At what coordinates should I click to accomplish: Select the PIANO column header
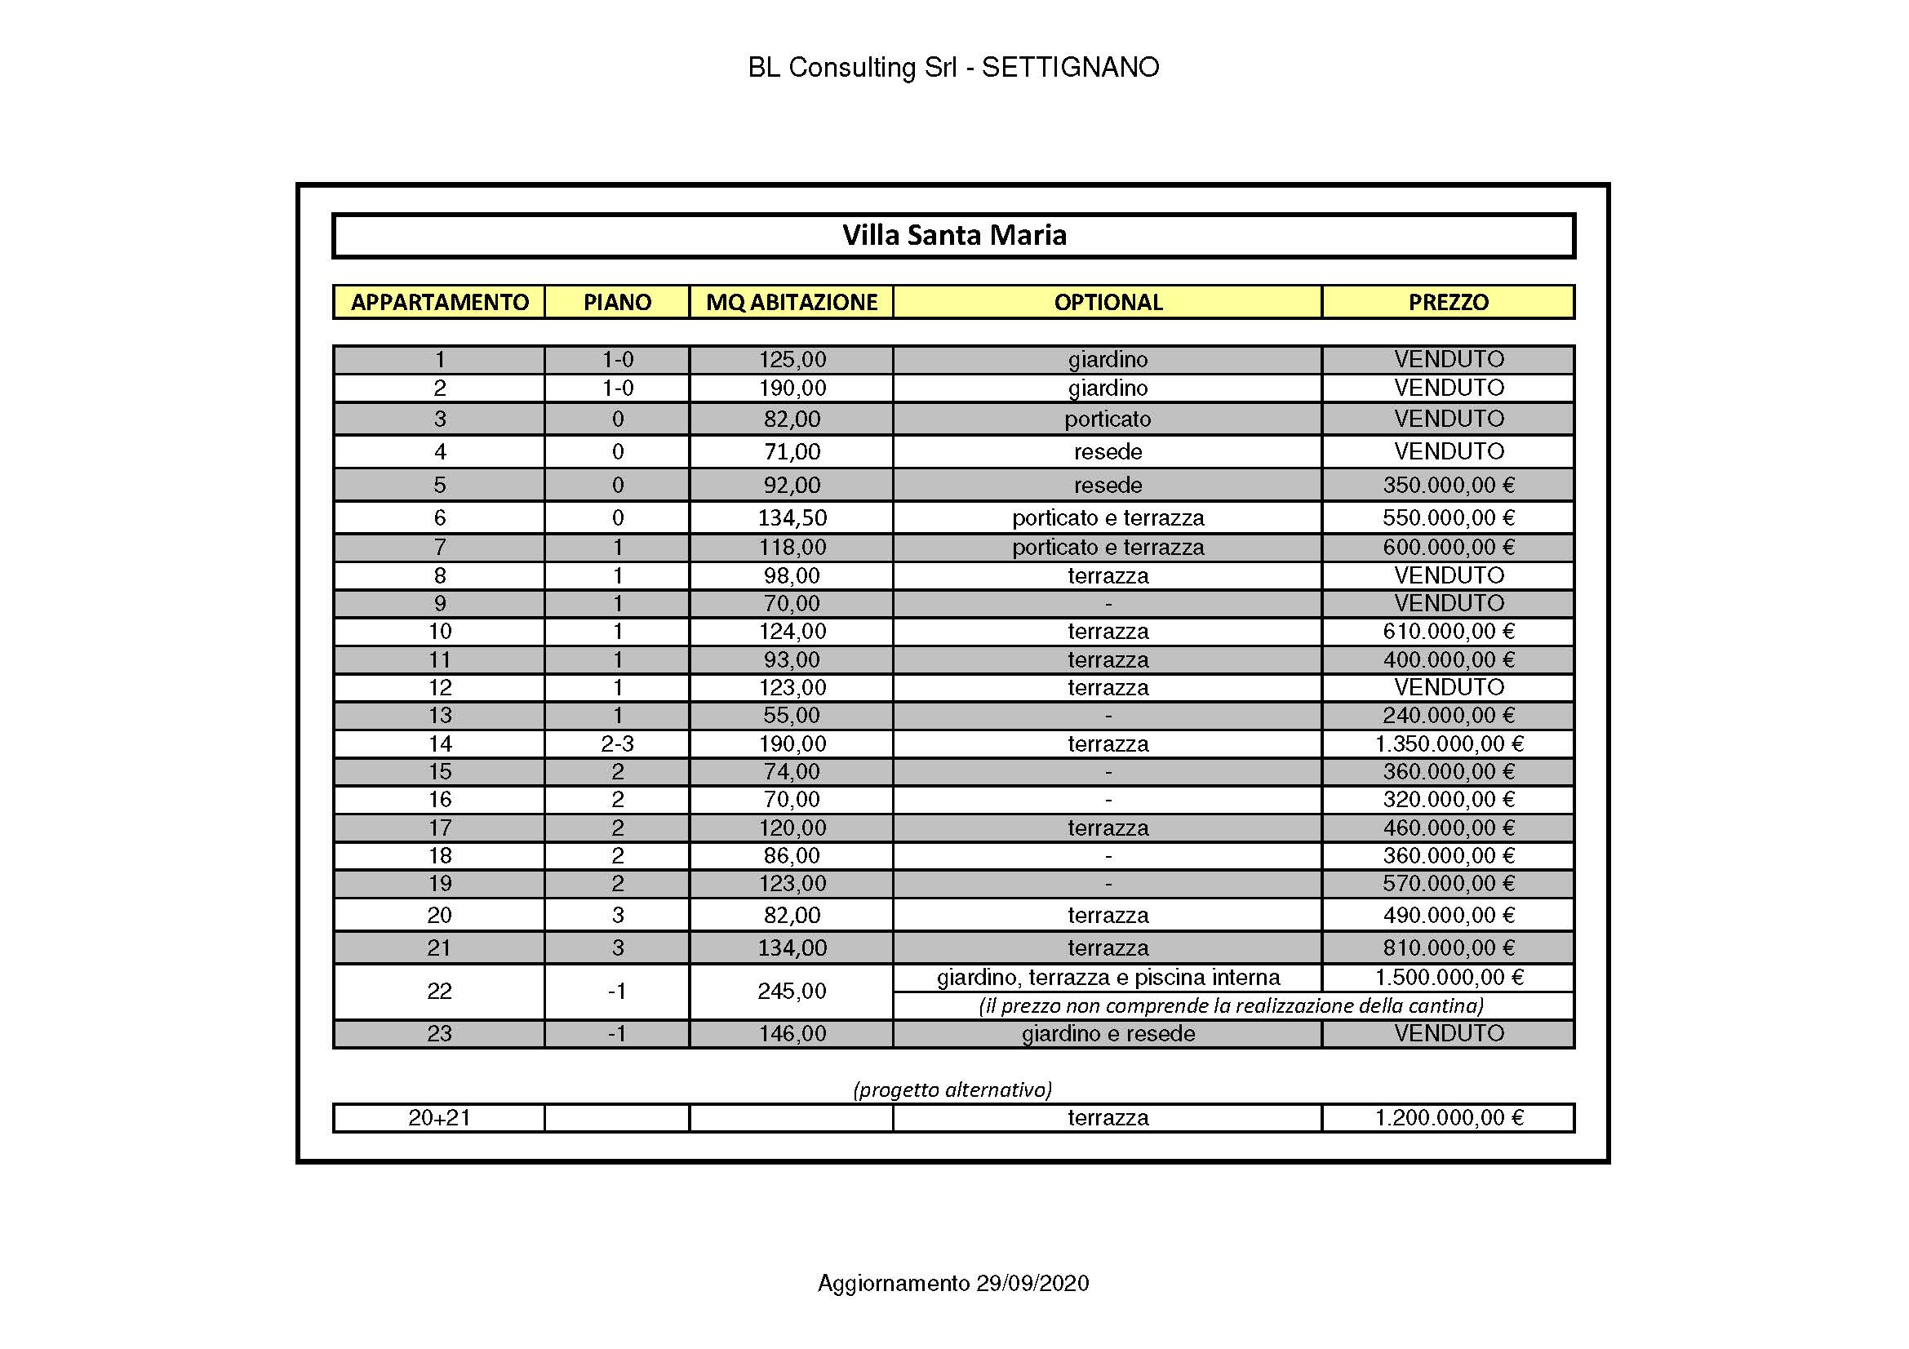point(617,302)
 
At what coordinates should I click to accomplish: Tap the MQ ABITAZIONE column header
point(792,302)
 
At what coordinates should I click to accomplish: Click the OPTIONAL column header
point(1108,302)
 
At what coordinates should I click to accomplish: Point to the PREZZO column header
point(1449,302)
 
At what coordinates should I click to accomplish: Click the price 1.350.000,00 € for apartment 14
point(1449,744)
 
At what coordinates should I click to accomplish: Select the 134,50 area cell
point(792,518)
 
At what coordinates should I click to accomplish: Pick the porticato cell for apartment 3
point(1108,419)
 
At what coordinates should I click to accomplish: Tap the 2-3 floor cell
point(617,744)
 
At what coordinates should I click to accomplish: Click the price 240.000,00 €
point(1449,716)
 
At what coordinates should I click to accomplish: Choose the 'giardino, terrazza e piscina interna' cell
point(1108,978)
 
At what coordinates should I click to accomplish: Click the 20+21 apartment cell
point(439,1118)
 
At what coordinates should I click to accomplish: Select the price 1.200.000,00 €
point(1449,1118)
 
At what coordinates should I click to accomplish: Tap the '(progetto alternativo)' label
point(952,1089)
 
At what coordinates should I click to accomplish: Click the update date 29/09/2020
point(1032,1284)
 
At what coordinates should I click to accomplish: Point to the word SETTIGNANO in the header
point(1070,67)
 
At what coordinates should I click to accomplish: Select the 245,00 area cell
point(792,991)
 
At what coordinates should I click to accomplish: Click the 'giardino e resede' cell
point(1108,1034)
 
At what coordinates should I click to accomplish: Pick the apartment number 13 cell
point(439,716)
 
